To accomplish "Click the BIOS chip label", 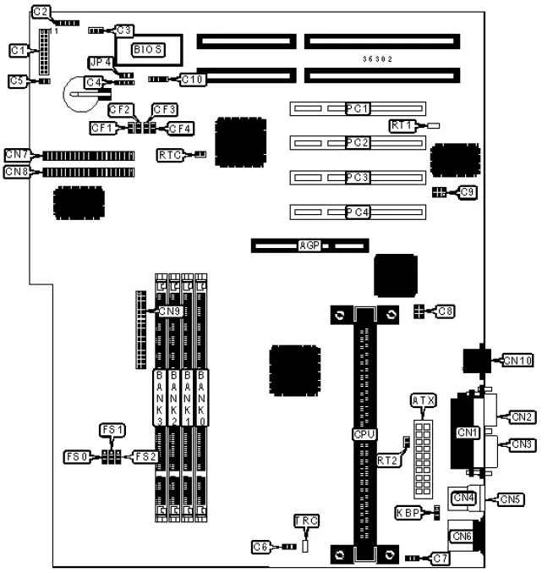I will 147,51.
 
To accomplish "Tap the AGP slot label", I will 309,245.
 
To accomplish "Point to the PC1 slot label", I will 358,108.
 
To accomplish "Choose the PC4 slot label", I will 358,212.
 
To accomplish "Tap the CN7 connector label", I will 17,155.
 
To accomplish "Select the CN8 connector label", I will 17,172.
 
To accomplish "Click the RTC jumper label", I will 169,155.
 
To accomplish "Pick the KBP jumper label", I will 408,513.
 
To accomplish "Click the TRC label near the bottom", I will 305,521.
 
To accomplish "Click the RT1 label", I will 402,125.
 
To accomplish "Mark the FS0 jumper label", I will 75,457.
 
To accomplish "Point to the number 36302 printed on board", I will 377,58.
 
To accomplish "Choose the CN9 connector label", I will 171,311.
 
